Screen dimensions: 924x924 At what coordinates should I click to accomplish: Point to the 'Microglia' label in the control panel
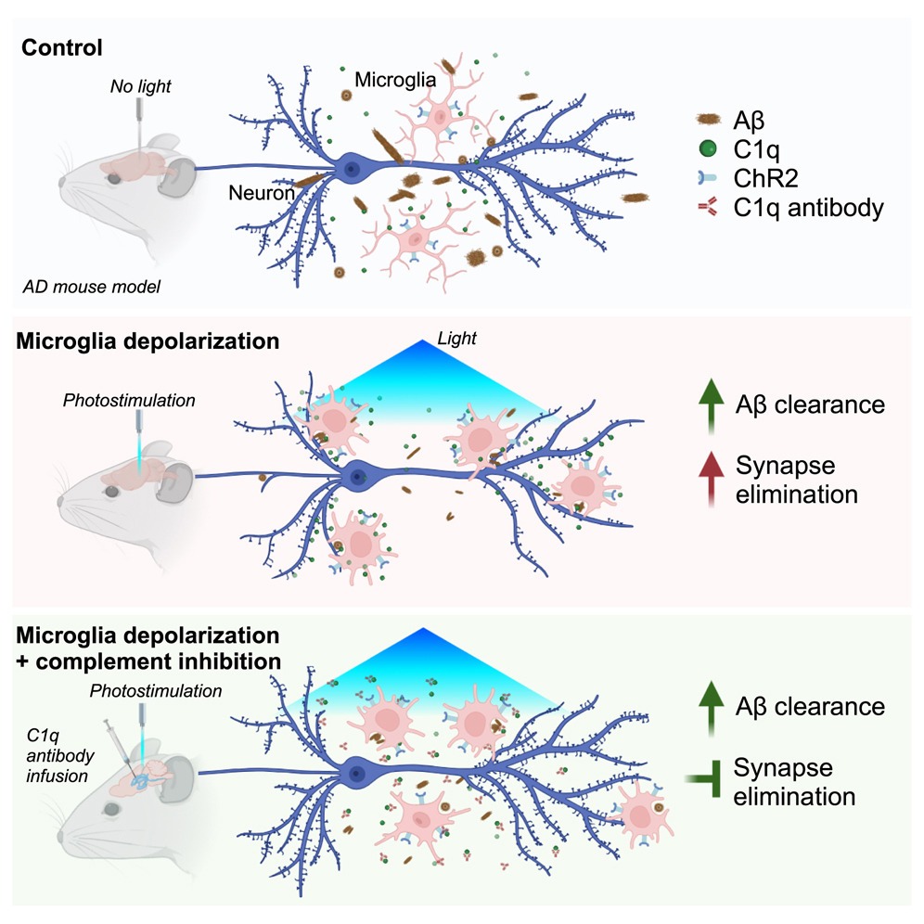pos(398,81)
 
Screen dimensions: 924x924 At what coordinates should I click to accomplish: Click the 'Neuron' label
pos(263,193)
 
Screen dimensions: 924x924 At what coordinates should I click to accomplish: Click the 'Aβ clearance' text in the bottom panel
pos(809,706)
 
